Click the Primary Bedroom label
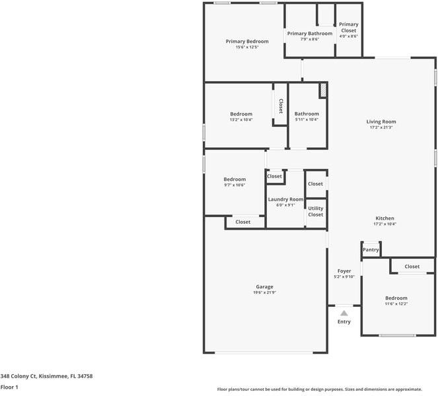pyautogui.click(x=247, y=42)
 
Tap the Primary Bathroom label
pyautogui.click(x=310, y=34)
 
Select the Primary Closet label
pyautogui.click(x=349, y=28)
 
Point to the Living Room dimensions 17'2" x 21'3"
pyautogui.click(x=381, y=127)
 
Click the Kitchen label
pyautogui.click(x=384, y=218)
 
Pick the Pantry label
pyautogui.click(x=371, y=250)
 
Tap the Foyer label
pyautogui.click(x=344, y=271)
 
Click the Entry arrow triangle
pyautogui.click(x=344, y=313)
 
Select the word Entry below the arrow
pyautogui.click(x=344, y=322)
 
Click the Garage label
pyautogui.click(x=264, y=287)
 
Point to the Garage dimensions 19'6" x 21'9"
pyautogui.click(x=264, y=292)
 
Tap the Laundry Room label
pyautogui.click(x=285, y=199)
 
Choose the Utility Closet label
pyautogui.click(x=316, y=211)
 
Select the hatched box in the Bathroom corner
pyautogui.click(x=324, y=90)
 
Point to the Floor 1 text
pyautogui.click(x=9, y=387)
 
